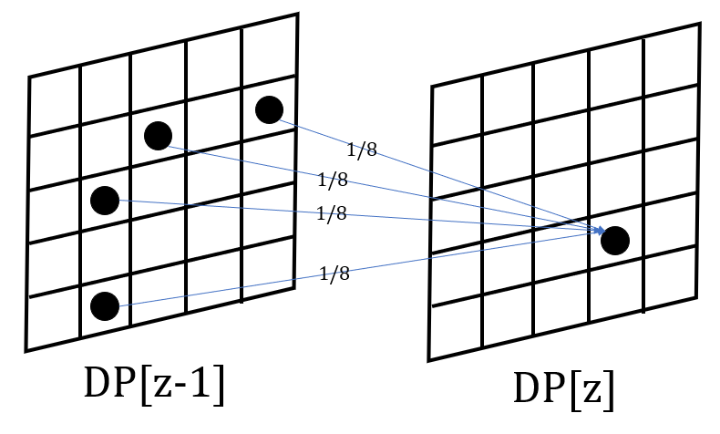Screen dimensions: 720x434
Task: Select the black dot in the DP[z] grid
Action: pos(614,241)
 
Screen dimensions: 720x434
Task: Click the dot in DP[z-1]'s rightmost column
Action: pos(269,109)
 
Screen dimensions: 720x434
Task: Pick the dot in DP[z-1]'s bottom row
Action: pos(105,306)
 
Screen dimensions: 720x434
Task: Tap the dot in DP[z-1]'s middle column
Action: pos(158,136)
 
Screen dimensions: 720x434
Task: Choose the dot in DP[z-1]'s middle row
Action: pos(105,200)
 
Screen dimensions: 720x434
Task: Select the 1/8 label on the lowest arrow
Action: pos(334,274)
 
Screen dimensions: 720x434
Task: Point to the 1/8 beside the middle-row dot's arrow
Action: pos(331,213)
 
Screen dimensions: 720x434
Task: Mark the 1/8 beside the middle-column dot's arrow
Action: pos(332,180)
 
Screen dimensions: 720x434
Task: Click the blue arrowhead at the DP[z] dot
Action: pos(599,232)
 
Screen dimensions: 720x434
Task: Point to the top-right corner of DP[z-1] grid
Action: pos(297,14)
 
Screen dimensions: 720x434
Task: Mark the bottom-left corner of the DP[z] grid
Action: pos(428,361)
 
